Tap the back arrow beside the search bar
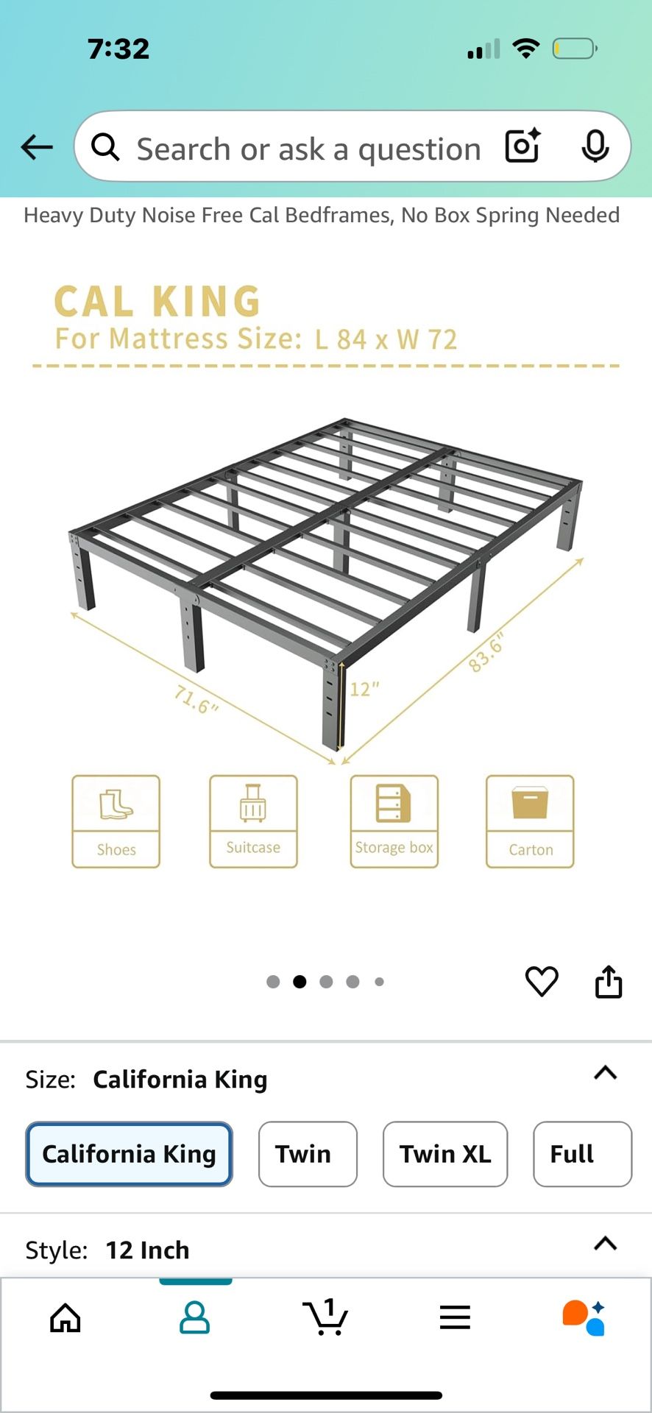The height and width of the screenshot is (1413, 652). pyautogui.click(x=37, y=147)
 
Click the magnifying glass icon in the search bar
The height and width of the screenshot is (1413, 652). pyautogui.click(x=105, y=147)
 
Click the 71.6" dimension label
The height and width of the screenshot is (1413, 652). pyautogui.click(x=196, y=699)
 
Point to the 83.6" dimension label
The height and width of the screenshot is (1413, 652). pyautogui.click(x=487, y=652)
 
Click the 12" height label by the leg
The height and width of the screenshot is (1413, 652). pyautogui.click(x=364, y=690)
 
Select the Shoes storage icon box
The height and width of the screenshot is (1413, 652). pyautogui.click(x=116, y=821)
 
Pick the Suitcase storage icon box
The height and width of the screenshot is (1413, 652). pyautogui.click(x=253, y=821)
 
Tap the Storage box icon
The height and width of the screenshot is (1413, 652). pyautogui.click(x=394, y=821)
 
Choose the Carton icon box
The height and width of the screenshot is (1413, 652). pyautogui.click(x=530, y=821)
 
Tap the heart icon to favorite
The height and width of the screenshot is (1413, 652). pyautogui.click(x=542, y=981)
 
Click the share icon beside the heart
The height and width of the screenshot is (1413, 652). pyautogui.click(x=609, y=981)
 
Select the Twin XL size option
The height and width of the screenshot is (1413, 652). pyautogui.click(x=445, y=1154)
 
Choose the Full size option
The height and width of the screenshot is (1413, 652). pyautogui.click(x=582, y=1154)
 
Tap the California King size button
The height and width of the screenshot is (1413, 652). pyautogui.click(x=130, y=1154)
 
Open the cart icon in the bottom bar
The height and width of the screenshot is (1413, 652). pyautogui.click(x=325, y=1317)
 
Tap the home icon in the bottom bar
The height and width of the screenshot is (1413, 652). pyautogui.click(x=65, y=1318)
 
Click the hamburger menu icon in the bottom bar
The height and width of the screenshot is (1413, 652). pyautogui.click(x=455, y=1317)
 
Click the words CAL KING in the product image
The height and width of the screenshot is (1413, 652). pyautogui.click(x=157, y=302)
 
